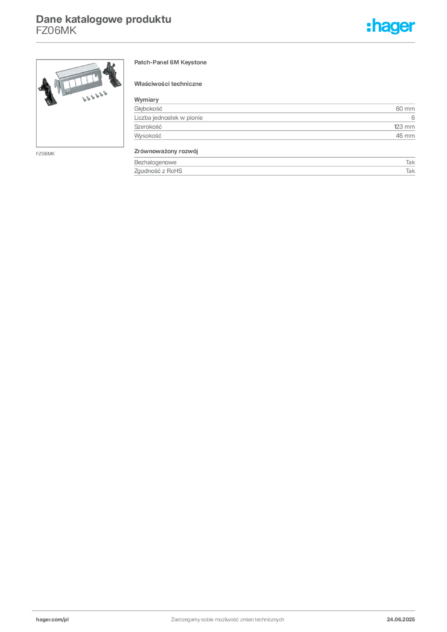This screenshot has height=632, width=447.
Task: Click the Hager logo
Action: point(390,26)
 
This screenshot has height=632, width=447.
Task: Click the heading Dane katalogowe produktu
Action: point(104,19)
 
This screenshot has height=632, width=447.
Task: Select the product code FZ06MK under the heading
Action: point(56,31)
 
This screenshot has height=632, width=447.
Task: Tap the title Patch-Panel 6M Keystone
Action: point(170,62)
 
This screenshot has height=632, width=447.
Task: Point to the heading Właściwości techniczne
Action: point(168,84)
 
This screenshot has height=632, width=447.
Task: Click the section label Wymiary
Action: point(146,99)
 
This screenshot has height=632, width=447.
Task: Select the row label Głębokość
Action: point(148,109)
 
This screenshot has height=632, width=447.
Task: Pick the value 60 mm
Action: point(405,109)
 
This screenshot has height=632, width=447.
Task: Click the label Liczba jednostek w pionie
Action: point(168,118)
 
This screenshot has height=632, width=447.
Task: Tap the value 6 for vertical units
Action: point(413,118)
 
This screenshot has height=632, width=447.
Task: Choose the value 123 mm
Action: point(404,127)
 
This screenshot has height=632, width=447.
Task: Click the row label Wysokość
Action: point(148,136)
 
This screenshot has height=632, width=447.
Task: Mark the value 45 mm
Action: point(405,136)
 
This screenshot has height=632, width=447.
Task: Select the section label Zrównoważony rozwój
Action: point(165,152)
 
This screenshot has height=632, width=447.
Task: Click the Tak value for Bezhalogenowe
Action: point(410,162)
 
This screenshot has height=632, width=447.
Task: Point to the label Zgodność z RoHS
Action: point(158,171)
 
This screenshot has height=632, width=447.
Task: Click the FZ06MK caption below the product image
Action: point(45,154)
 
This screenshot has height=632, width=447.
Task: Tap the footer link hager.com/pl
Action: point(52,620)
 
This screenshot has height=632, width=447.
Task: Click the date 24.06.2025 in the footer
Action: point(401,620)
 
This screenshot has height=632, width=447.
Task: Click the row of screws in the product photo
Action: point(94,96)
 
